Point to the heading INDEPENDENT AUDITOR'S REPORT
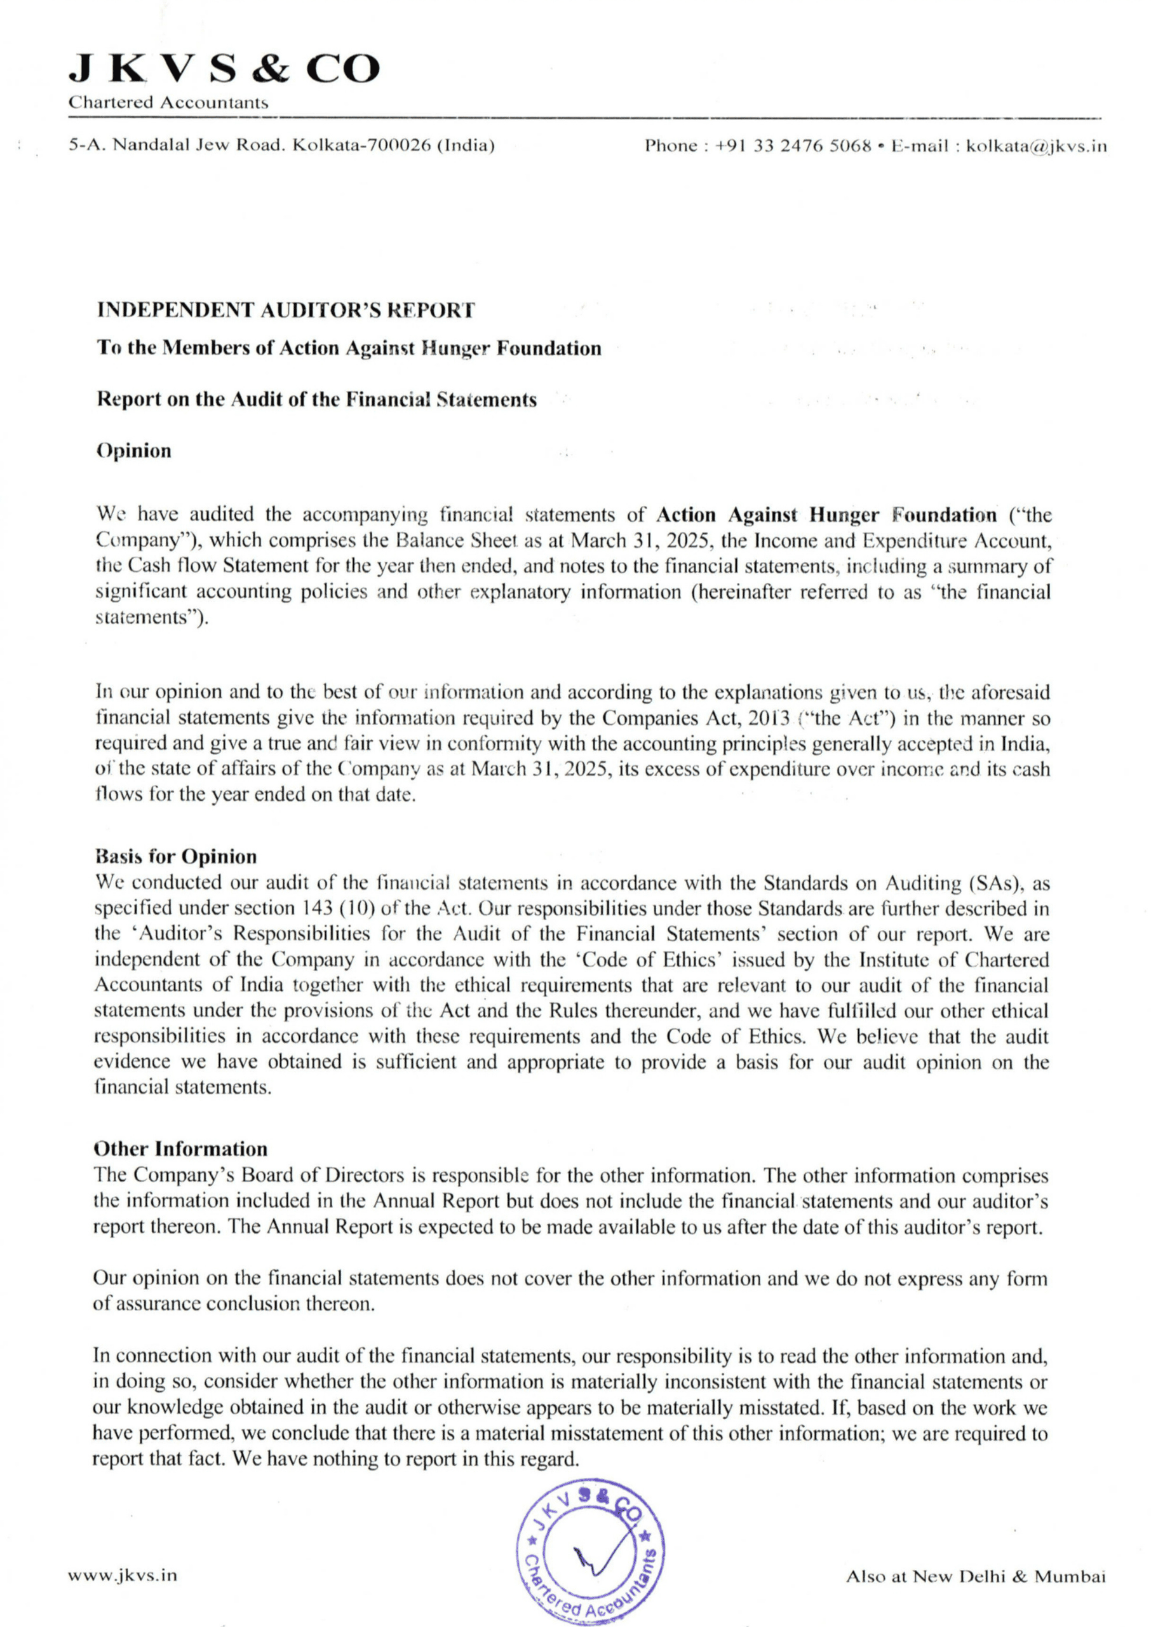tap(286, 310)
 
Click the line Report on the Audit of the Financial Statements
tap(316, 400)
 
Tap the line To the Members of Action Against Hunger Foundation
tap(349, 348)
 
